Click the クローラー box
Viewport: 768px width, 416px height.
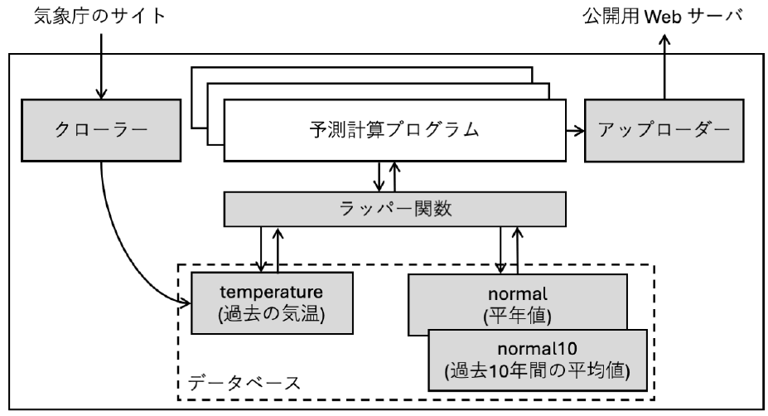pos(101,133)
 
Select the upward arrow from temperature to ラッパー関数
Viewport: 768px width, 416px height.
pos(278,248)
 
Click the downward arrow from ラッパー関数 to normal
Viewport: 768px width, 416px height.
pos(503,248)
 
